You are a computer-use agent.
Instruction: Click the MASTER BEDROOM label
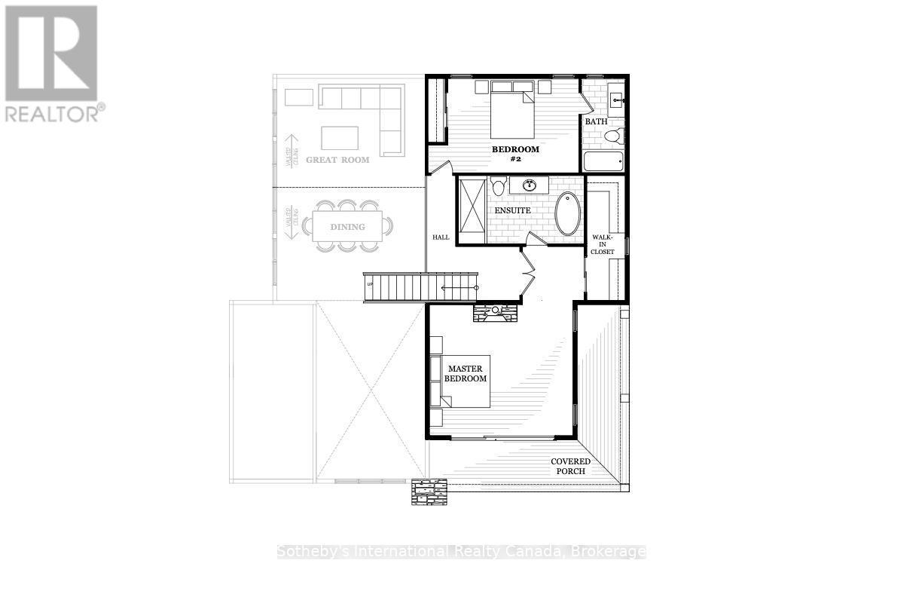click(466, 374)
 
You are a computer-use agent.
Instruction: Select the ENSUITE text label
click(512, 210)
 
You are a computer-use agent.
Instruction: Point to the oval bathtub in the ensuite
click(568, 213)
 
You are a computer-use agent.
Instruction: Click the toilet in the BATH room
click(614, 136)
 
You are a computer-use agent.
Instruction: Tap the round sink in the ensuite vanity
click(529, 185)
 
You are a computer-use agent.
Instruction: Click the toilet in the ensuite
click(498, 187)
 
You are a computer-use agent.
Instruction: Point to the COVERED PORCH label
click(570, 466)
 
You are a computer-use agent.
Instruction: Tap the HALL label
click(441, 237)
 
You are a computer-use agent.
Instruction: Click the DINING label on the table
click(347, 226)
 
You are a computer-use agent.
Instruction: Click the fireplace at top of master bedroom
click(496, 312)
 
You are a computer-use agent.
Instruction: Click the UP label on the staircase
click(369, 284)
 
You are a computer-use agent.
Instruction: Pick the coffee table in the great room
click(340, 138)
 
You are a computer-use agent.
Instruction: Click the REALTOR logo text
click(54, 113)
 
